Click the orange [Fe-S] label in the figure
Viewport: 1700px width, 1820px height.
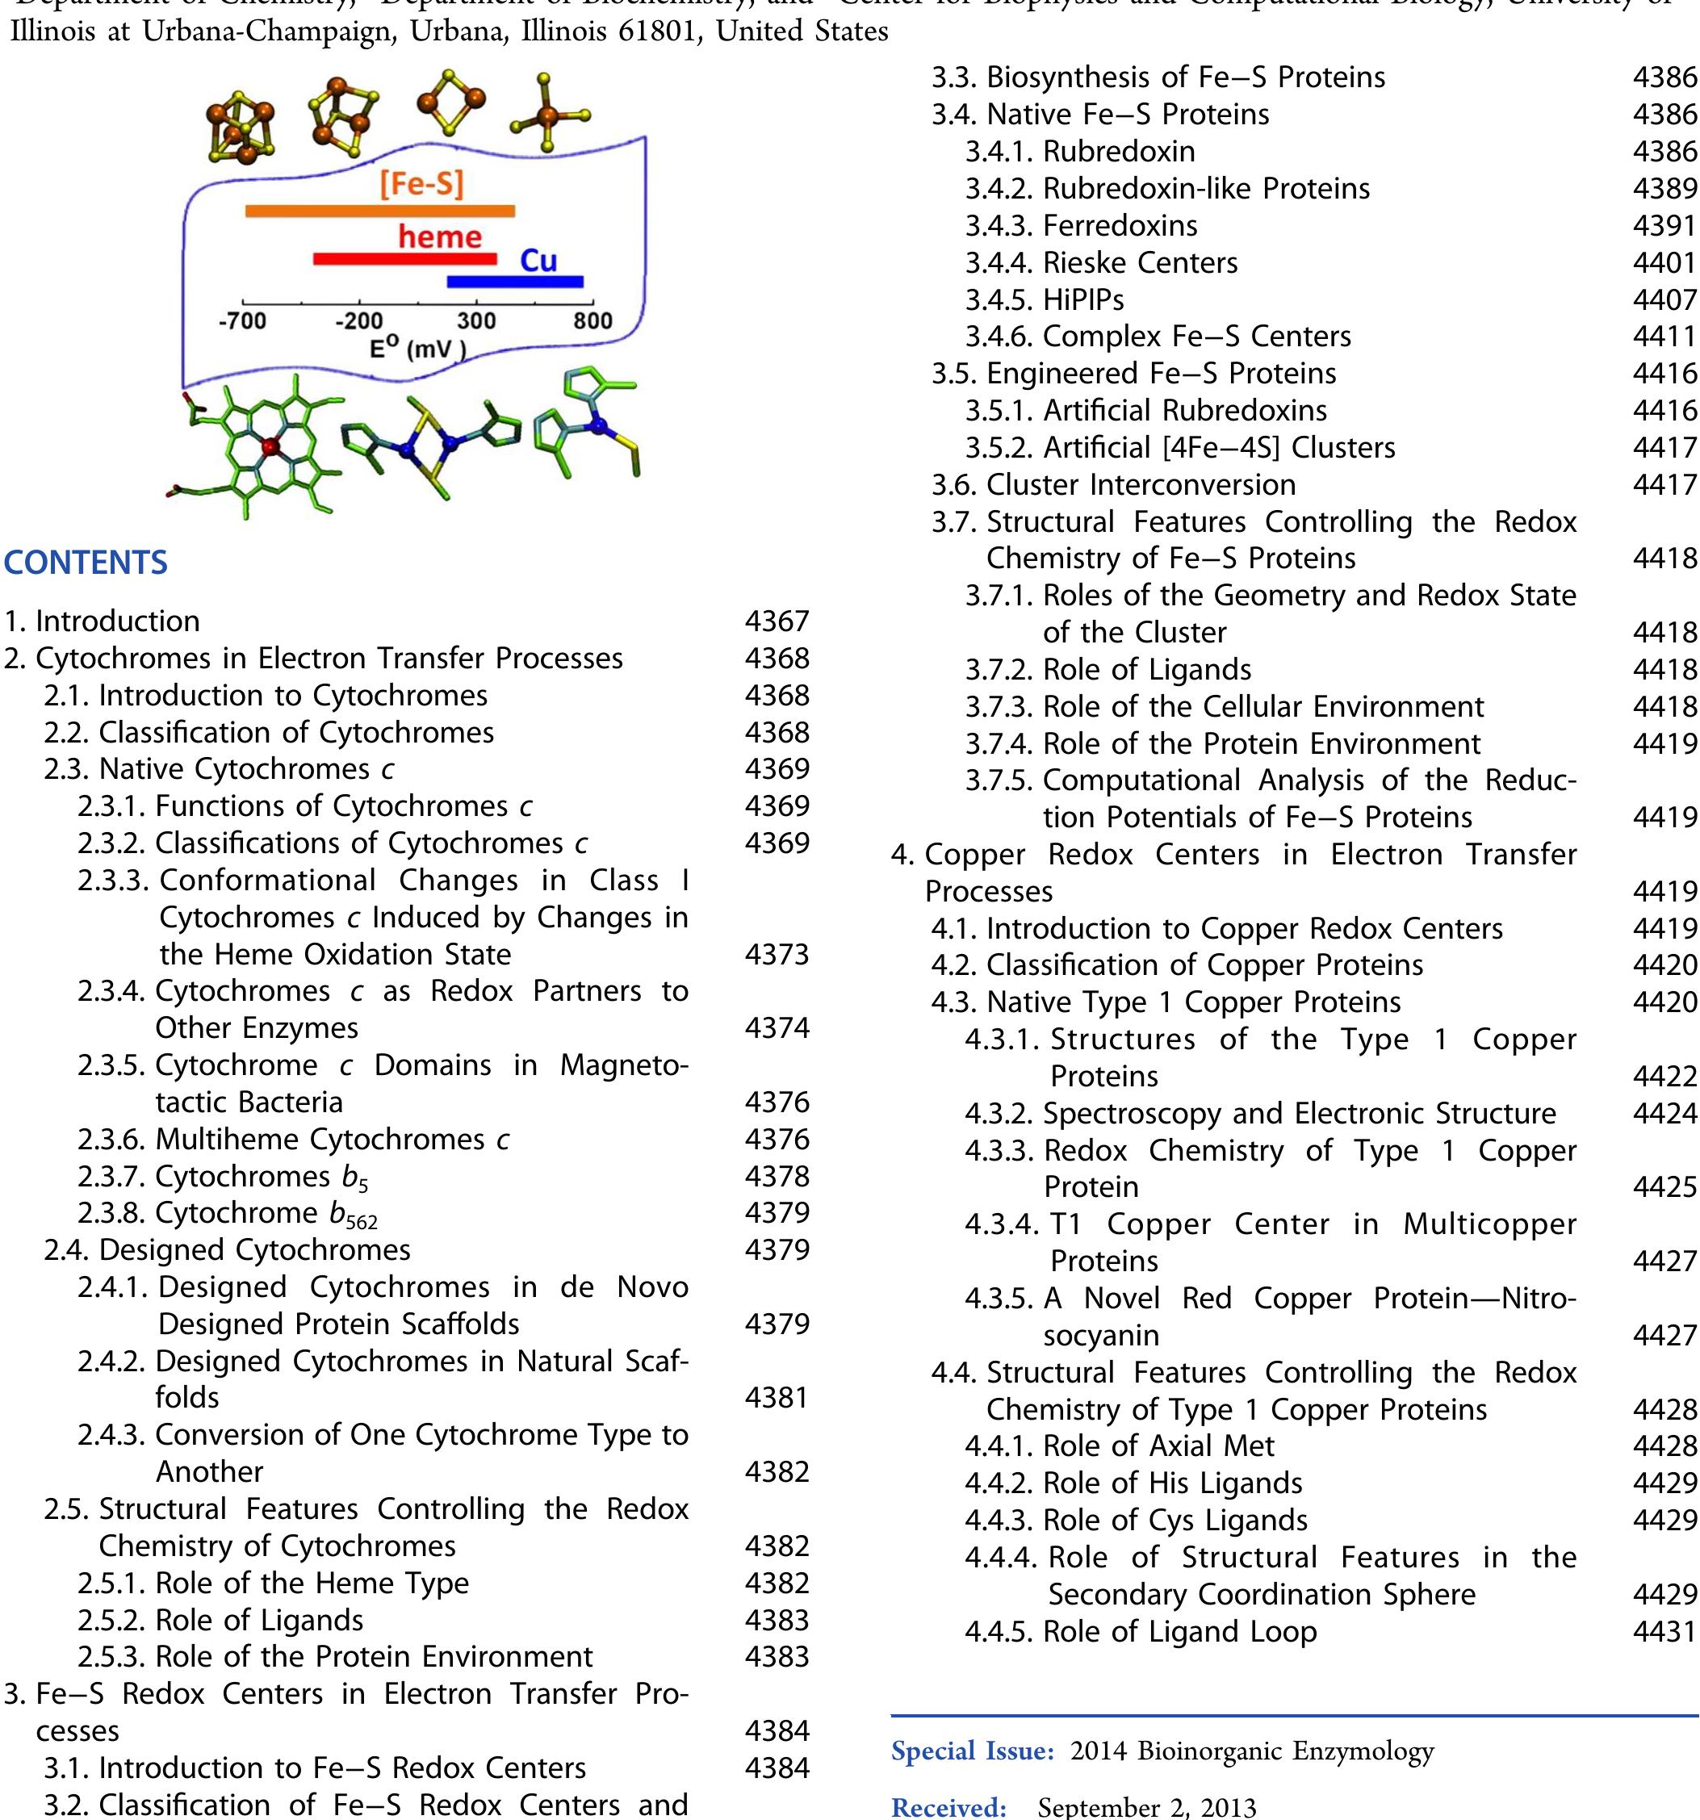422,185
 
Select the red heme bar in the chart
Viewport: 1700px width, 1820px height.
404,259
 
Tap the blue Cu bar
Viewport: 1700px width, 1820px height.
514,282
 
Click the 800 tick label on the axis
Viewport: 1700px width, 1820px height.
593,321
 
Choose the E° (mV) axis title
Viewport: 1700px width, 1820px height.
417,349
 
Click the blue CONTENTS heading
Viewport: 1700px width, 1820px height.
86,562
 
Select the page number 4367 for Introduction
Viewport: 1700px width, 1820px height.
777,621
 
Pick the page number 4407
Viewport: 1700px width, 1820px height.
1664,299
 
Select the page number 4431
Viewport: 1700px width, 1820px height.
1664,1631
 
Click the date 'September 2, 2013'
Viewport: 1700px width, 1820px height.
1146,1807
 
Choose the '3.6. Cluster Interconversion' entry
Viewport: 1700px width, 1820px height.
1113,484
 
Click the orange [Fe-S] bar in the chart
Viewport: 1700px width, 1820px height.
380,211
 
